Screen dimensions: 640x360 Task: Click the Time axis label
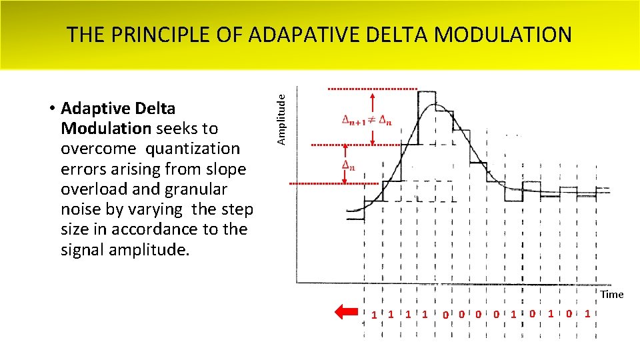(x=611, y=294)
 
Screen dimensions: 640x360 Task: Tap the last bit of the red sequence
(x=587, y=313)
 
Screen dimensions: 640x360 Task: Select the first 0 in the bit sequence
(x=443, y=314)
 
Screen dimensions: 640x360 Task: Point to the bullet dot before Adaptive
(x=51, y=109)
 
